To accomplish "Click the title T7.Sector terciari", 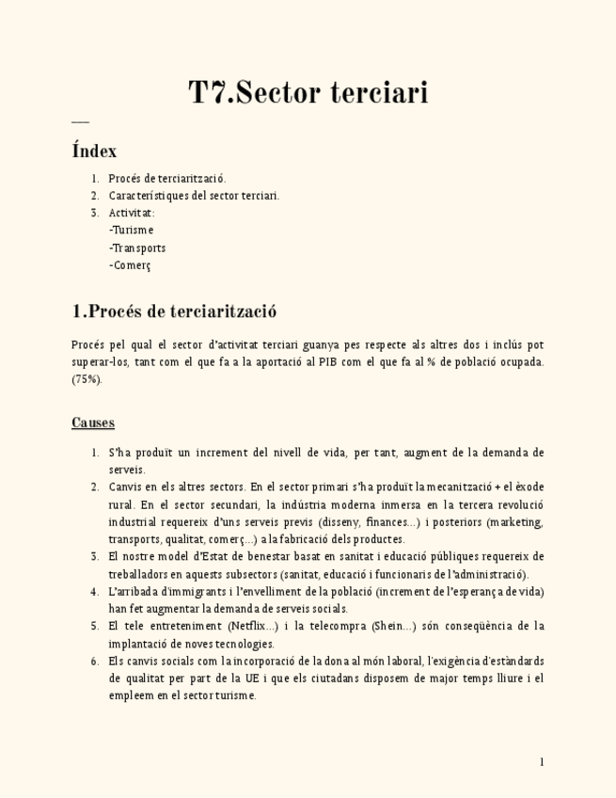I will pos(308,93).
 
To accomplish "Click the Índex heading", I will pos(94,151).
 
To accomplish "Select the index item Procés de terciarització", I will pos(167,178).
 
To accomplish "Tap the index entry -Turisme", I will pos(131,230).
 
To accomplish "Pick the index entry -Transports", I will pos(137,247).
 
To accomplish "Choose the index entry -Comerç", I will pos(130,265).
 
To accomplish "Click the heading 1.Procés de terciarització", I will pos(174,311).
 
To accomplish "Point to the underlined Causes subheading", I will pos(93,423).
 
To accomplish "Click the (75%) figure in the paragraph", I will pos(87,379).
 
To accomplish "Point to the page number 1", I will pos(542,761).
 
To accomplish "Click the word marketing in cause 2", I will pos(515,522).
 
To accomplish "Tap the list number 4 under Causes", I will pos(95,592).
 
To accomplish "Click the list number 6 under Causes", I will pos(95,661).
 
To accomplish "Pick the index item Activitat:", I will pos(132,213).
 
